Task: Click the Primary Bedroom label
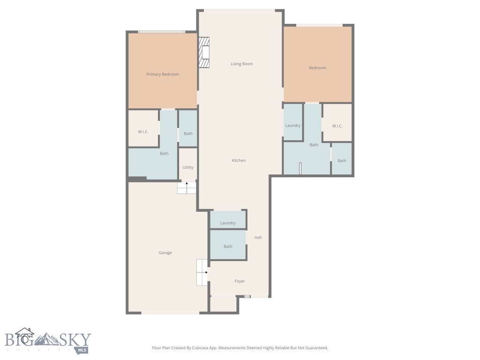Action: (x=162, y=74)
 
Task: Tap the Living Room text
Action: (x=241, y=64)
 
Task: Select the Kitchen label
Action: (x=239, y=160)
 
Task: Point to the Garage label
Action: (x=165, y=253)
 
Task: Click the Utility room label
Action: (x=188, y=167)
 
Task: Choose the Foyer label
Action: (x=240, y=281)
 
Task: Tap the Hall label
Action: (x=258, y=238)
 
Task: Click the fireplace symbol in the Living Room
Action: (x=204, y=53)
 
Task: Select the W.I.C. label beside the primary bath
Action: (x=143, y=132)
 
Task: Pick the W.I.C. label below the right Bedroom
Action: (x=337, y=126)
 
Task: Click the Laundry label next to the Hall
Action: (x=228, y=223)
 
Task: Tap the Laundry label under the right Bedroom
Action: (x=293, y=126)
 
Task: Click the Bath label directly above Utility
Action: (x=188, y=134)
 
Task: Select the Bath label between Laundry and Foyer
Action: (x=228, y=246)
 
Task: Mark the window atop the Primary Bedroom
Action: (x=162, y=32)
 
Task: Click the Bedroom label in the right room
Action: (x=317, y=68)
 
